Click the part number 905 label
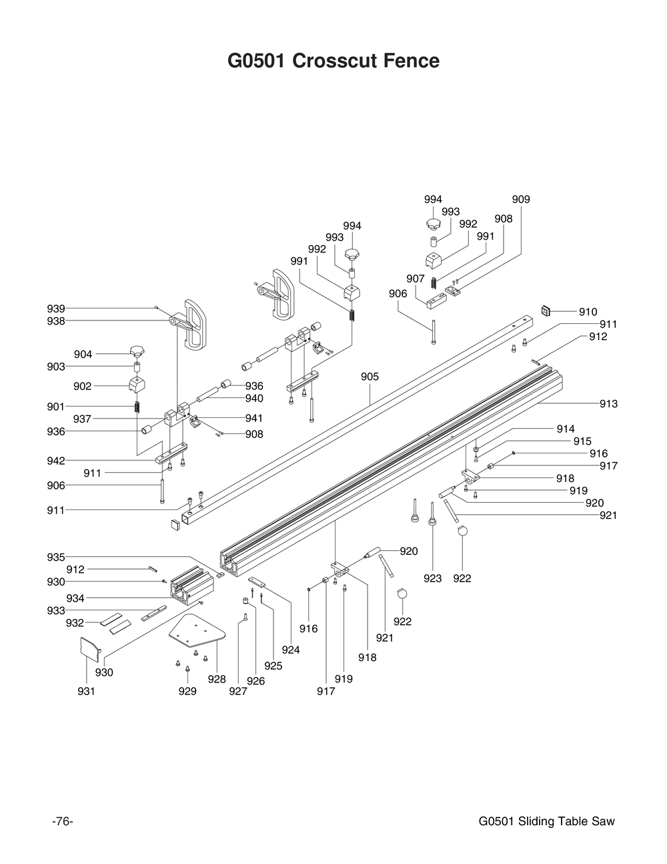point(370,377)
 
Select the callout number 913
point(608,403)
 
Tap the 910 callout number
point(588,312)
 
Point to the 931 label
point(86,691)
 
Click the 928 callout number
point(216,679)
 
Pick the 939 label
point(56,308)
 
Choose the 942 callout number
point(56,461)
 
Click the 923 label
point(432,578)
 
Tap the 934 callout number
point(75,598)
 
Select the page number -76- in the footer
point(62,821)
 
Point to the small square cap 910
point(546,310)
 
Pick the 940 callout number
point(254,399)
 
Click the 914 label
point(565,429)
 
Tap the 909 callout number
point(521,199)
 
